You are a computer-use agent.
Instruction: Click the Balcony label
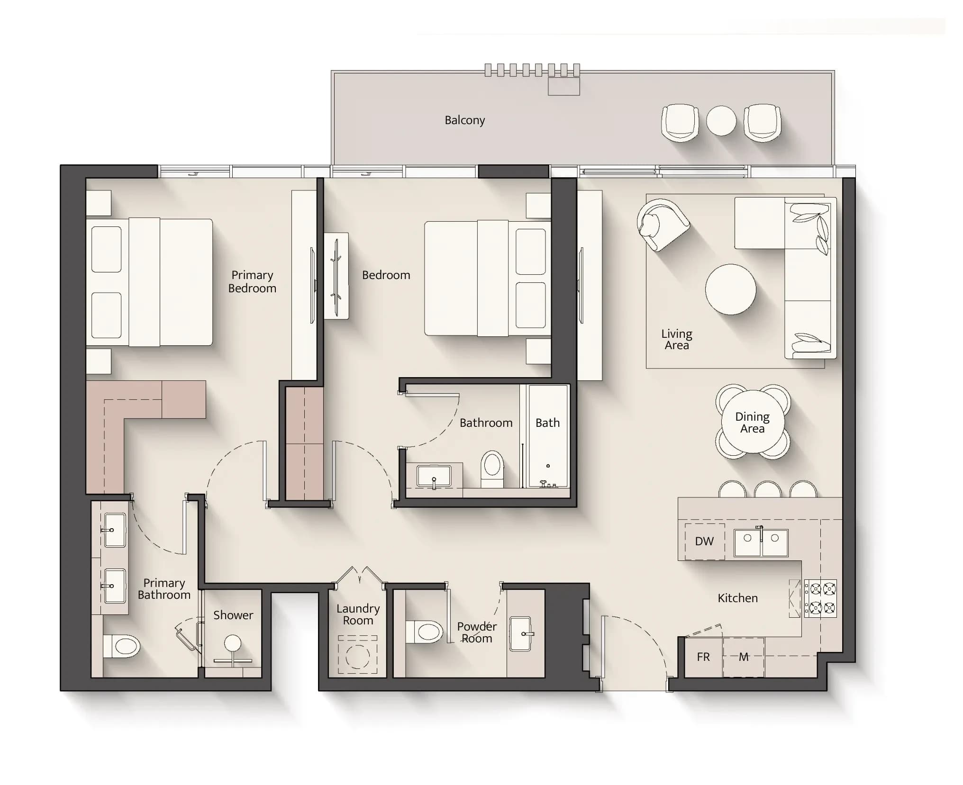tap(464, 120)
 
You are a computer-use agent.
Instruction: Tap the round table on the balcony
tap(721, 120)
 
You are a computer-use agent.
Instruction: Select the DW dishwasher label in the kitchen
tap(704, 541)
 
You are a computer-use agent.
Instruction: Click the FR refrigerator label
tap(703, 657)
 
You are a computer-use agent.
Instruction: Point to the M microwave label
tap(744, 657)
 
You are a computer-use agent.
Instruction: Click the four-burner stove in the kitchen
tap(820, 598)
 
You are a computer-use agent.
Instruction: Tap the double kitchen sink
tap(761, 542)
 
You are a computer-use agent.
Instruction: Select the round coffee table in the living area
tap(730, 289)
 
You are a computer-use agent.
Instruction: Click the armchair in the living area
tap(662, 225)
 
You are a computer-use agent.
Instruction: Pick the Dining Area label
tap(752, 423)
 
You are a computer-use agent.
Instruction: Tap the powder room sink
tap(521, 633)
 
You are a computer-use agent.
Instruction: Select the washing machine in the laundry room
tap(357, 655)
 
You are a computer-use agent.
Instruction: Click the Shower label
tap(233, 615)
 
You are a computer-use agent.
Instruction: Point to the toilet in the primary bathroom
tap(122, 646)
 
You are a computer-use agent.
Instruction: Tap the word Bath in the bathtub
tap(547, 423)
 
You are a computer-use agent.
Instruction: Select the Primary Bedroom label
tap(252, 281)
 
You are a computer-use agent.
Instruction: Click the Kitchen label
tap(737, 598)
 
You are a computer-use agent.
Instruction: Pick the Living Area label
tap(677, 340)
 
